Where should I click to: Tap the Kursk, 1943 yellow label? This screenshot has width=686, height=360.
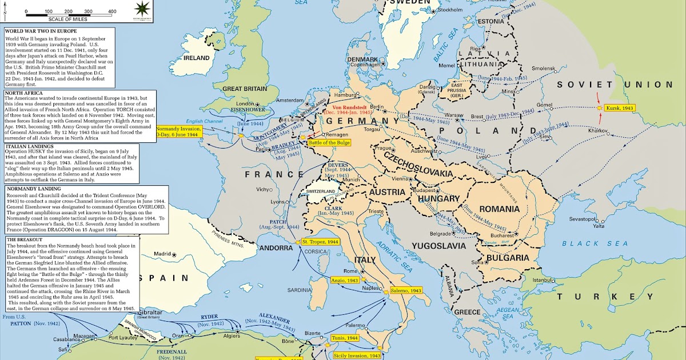click(x=621, y=107)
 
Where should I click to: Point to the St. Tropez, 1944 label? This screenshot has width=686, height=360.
click(x=321, y=242)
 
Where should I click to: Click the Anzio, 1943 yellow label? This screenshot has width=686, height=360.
click(x=345, y=281)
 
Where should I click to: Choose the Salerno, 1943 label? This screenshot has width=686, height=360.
click(x=406, y=291)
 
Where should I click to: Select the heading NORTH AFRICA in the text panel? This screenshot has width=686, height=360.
click(x=25, y=93)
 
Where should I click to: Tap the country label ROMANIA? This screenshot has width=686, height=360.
click(x=500, y=209)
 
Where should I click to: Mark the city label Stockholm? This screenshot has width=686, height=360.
click(x=450, y=10)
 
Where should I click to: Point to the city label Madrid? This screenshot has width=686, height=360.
click(x=162, y=254)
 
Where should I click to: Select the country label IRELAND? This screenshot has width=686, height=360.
click(x=196, y=58)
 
